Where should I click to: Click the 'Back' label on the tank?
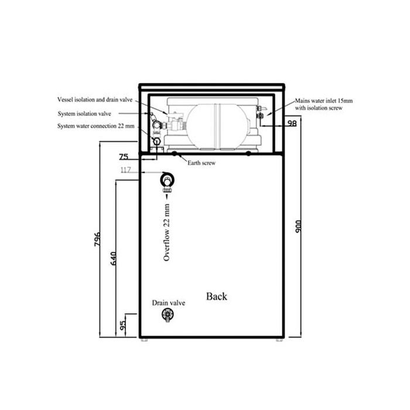(217, 296)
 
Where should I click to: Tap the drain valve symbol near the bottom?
(168, 315)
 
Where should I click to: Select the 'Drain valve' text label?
(169, 303)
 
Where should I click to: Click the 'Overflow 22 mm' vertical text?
(166, 233)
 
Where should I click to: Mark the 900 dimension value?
(298, 227)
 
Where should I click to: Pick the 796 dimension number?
(97, 239)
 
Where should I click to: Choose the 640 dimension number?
(113, 259)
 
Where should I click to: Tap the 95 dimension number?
(122, 325)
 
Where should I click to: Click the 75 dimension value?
(124, 156)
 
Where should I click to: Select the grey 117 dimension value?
(125, 170)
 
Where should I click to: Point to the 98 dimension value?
(292, 123)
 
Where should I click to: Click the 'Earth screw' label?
(201, 163)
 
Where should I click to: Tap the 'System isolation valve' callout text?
(84, 114)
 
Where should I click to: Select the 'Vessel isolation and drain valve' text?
(95, 100)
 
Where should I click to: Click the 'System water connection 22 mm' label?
(96, 126)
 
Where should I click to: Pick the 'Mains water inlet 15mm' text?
(324, 101)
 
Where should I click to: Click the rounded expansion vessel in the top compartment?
(217, 127)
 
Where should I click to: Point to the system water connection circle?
(156, 142)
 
